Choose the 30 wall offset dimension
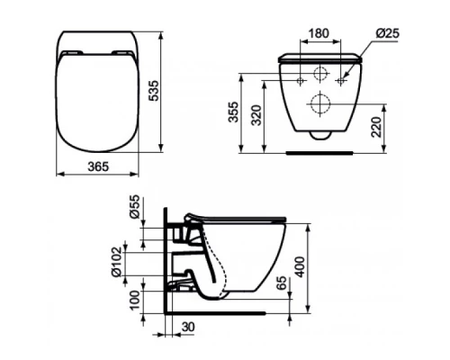pyautogui.click(x=185, y=328)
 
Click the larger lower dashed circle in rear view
pyautogui.click(x=319, y=100)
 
